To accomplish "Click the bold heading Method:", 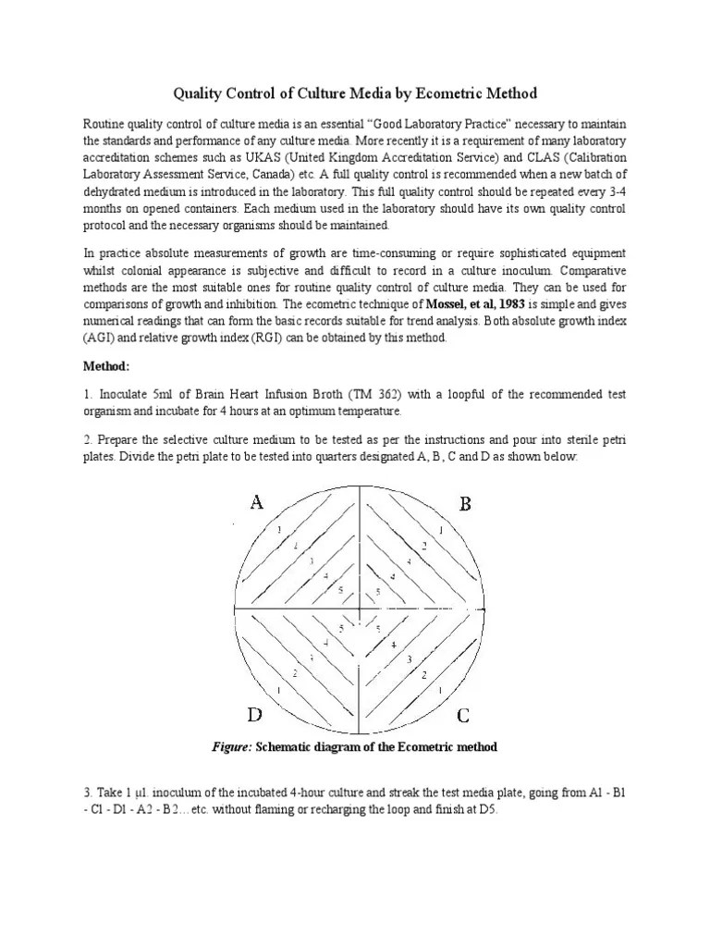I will coord(108,366).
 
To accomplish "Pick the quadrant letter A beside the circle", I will coord(257,503).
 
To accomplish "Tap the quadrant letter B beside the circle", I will coord(466,504).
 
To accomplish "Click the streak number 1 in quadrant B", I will coord(441,531).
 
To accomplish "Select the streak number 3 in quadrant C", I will coord(408,659).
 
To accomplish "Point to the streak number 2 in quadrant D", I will coord(295,673).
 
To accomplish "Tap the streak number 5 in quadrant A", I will coord(341,590).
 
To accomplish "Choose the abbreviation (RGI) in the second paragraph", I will coord(269,338).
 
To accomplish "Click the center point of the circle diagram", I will coord(359,608).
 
